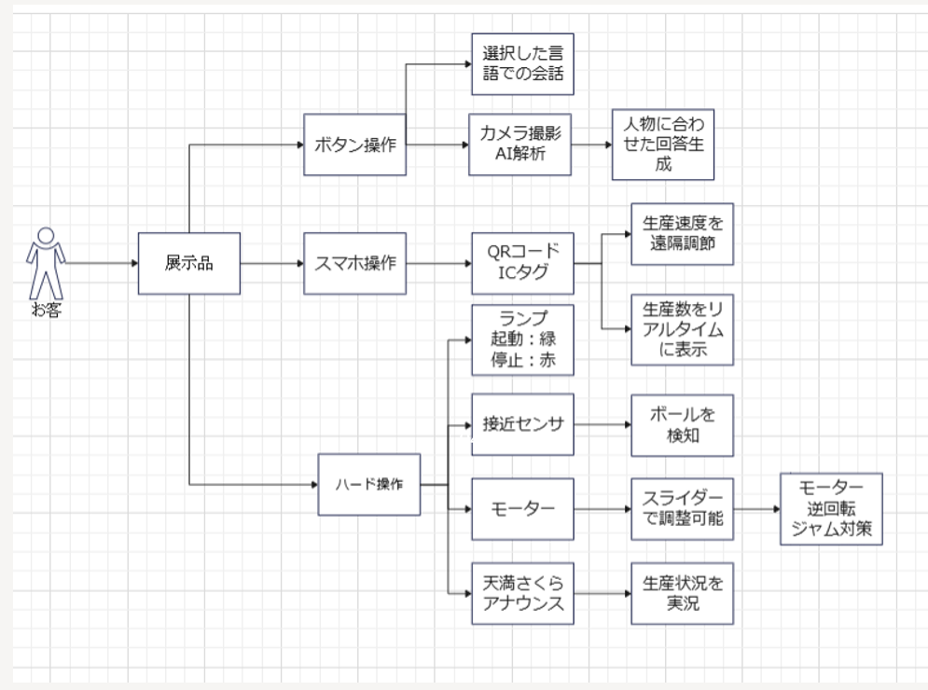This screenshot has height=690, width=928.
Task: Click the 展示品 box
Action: pos(188,263)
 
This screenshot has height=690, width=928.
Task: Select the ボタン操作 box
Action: pos(354,145)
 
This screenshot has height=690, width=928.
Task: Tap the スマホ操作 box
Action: pos(354,263)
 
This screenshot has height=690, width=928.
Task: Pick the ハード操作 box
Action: pos(368,485)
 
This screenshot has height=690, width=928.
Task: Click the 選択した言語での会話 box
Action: pos(522,64)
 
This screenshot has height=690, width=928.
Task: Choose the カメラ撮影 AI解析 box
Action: pos(519,145)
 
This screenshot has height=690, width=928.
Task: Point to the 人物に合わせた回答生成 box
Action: pos(663,145)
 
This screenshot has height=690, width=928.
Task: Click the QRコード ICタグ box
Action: pos(522,263)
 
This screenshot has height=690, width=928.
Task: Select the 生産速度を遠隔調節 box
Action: pos(683,234)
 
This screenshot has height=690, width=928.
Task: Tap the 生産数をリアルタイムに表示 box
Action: pos(683,329)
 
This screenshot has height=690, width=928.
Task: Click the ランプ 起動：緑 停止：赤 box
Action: pos(522,340)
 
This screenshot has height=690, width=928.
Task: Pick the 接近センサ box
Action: pos(522,424)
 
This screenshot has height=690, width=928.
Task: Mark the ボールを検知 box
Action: pos(683,425)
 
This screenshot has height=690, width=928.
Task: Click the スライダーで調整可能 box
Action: pos(683,509)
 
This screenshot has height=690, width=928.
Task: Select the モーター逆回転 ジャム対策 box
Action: pos(831,509)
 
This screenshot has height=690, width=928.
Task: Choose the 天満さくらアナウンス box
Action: pos(522,594)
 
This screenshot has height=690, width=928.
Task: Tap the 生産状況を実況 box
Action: pos(683,594)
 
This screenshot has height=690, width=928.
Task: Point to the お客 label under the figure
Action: pos(46,310)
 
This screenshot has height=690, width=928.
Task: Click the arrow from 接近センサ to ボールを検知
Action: pos(603,424)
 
